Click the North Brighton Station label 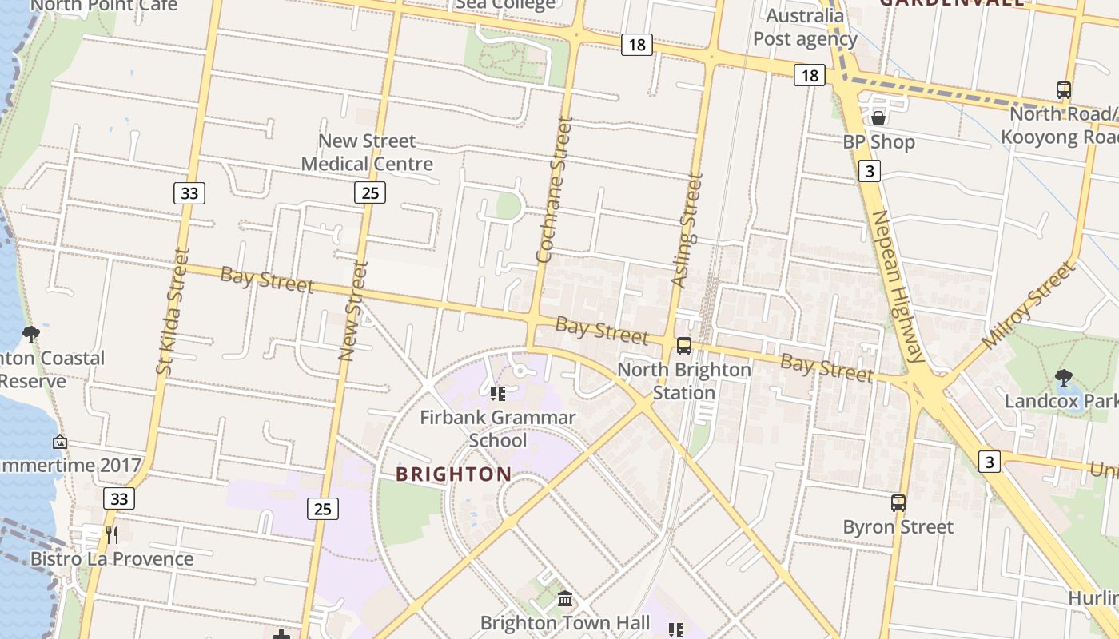(684, 381)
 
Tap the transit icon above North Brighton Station (684, 346)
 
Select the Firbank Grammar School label (498, 428)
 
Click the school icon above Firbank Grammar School (498, 393)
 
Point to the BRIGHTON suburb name (453, 474)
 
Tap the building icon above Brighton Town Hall (565, 598)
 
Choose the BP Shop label (878, 142)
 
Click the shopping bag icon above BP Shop (878, 119)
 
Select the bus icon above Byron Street (898, 503)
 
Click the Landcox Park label (1061, 400)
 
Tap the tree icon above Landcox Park (1063, 377)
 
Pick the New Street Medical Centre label (367, 153)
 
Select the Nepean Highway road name (898, 285)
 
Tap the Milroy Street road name (1029, 305)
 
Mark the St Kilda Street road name (173, 311)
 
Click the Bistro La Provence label (112, 558)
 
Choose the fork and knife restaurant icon (112, 534)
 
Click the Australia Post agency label (804, 28)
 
